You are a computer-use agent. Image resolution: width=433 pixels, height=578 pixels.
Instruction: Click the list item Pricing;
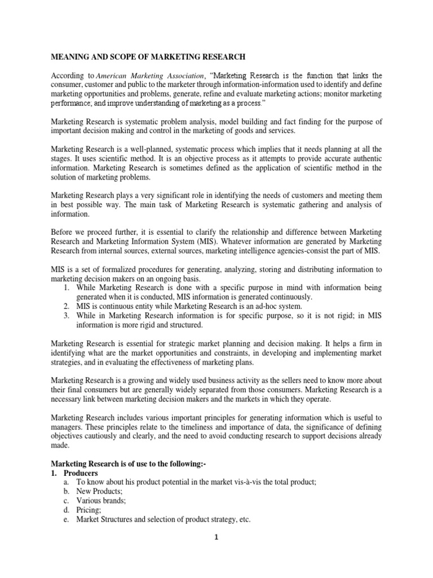[89, 509]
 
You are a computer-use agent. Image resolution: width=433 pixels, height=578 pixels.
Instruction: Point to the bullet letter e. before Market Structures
[66, 518]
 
